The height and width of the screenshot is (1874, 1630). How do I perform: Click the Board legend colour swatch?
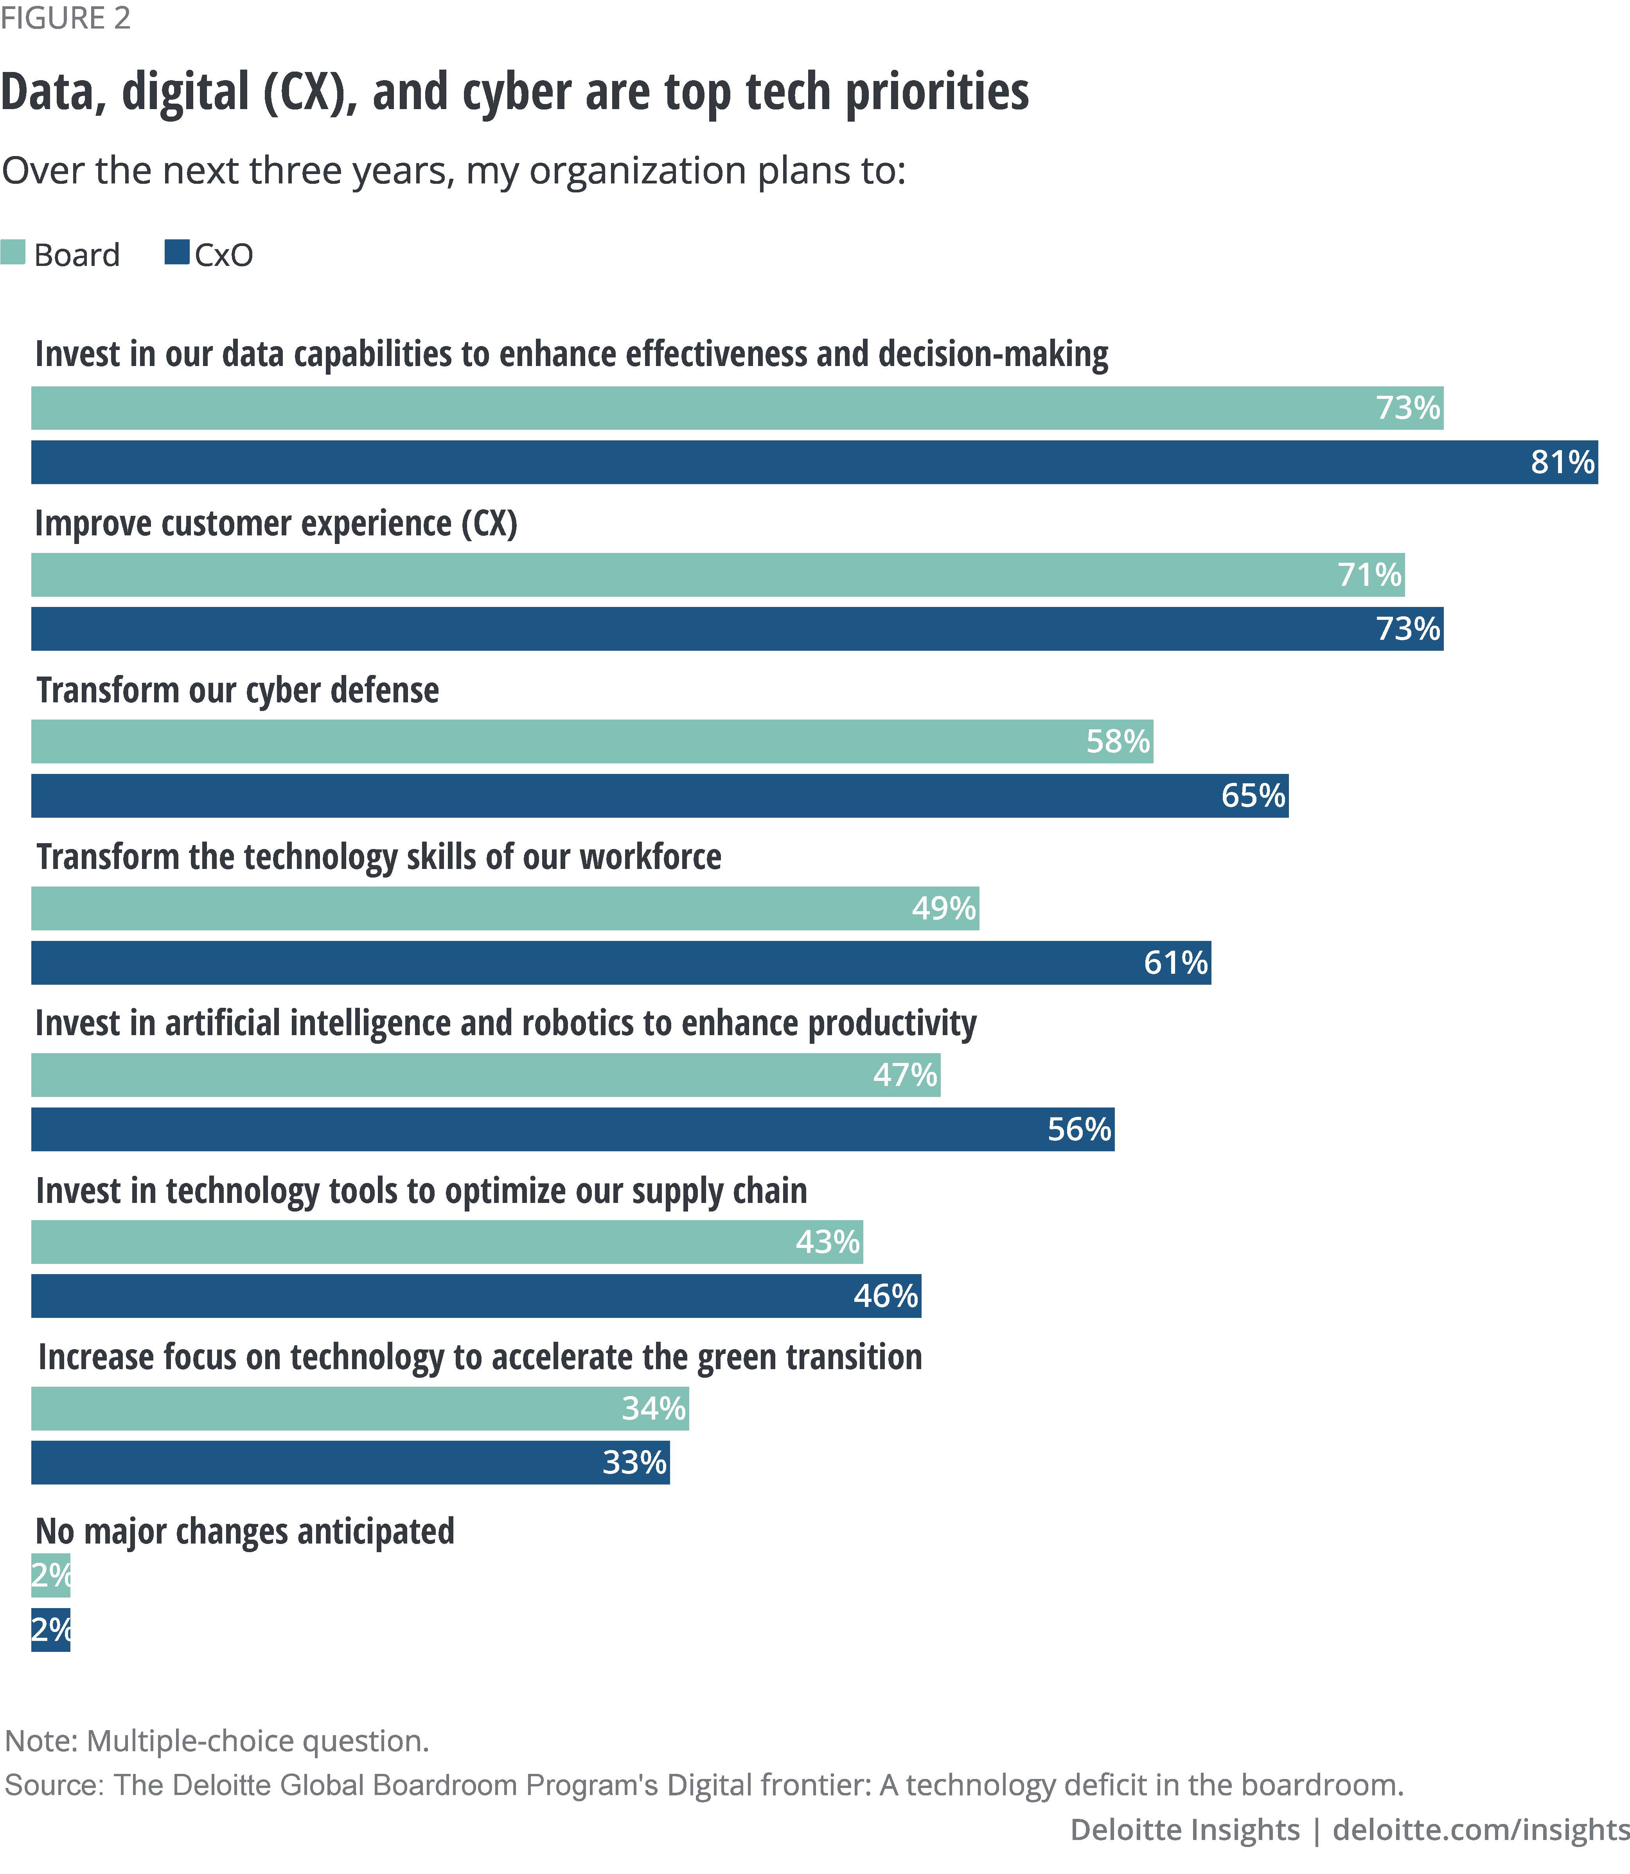click(13, 252)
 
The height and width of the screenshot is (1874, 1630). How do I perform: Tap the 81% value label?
click(1562, 462)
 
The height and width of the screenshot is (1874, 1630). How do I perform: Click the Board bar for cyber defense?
click(591, 741)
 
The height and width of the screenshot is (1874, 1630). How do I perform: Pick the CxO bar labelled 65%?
click(660, 795)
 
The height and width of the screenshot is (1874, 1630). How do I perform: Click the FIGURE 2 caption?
click(65, 18)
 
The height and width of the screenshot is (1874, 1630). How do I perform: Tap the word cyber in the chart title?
click(518, 93)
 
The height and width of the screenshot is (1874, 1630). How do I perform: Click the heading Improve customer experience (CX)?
click(276, 524)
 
